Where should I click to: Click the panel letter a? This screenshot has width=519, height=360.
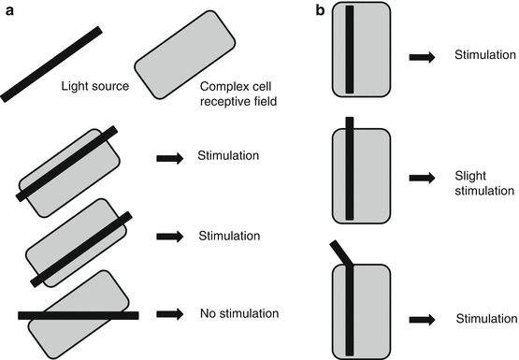click(x=10, y=11)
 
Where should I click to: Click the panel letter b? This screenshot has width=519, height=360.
click(x=321, y=10)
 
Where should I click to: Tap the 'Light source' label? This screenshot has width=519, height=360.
click(x=95, y=86)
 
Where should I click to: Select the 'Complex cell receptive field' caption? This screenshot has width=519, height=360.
click(x=238, y=94)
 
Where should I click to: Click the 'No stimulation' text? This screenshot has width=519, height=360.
click(x=239, y=313)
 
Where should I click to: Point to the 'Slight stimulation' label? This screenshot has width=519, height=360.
click(x=484, y=183)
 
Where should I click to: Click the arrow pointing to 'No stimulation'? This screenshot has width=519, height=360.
click(x=170, y=313)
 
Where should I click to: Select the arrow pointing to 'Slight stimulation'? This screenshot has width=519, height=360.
click(x=422, y=178)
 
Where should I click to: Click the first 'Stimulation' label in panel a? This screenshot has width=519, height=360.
click(x=228, y=155)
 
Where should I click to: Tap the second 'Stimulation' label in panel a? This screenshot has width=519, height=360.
click(x=229, y=236)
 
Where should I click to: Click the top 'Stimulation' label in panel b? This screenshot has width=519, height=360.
click(x=485, y=55)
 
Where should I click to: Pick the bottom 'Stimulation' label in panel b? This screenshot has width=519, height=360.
click(x=486, y=319)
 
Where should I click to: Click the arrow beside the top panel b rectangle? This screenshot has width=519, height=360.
click(x=422, y=57)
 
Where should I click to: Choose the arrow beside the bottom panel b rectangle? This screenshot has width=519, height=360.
click(x=422, y=320)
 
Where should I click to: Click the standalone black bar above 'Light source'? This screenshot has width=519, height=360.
click(x=51, y=65)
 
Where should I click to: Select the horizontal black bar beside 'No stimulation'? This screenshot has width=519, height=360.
click(x=79, y=315)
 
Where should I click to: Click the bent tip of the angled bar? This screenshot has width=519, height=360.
click(x=334, y=243)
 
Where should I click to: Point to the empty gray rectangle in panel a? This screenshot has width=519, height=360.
click(x=185, y=54)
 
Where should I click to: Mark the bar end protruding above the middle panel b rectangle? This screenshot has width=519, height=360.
click(x=350, y=122)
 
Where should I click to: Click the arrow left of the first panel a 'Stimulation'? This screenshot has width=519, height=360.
click(x=170, y=158)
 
